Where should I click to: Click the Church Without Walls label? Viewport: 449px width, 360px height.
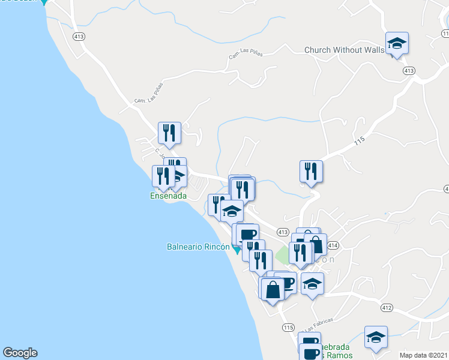pos(344,50)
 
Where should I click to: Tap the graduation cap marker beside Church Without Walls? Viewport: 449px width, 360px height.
pos(397,44)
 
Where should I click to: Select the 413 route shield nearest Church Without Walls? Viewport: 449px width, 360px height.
pos(409,71)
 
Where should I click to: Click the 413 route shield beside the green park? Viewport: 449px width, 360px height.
pos(283,232)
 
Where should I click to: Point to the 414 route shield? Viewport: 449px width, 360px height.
pos(333,245)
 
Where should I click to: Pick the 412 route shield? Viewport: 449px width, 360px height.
pos(387,308)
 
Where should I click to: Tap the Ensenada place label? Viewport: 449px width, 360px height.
pos(169,196)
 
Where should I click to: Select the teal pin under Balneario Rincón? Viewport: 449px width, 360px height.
pos(237,250)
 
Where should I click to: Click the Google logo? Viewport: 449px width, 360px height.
pos(20,353)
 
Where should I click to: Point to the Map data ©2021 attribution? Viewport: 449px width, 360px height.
pos(423,355)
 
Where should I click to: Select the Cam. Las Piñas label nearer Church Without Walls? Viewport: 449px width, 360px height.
pos(246,56)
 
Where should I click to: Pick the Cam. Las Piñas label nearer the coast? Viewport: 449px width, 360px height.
pos(148,92)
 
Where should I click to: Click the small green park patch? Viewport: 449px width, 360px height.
pos(282,257)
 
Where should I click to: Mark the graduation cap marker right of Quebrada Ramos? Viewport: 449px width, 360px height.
pos(376,337)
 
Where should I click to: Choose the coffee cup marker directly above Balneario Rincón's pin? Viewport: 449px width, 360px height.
pos(247,233)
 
